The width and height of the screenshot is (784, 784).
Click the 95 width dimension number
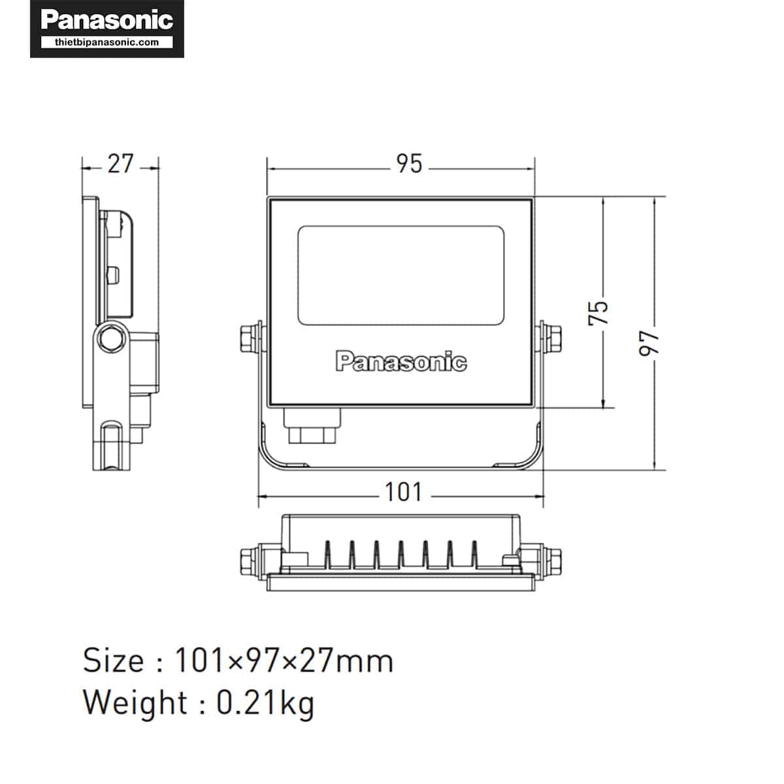[409, 164]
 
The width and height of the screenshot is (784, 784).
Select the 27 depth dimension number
[120, 164]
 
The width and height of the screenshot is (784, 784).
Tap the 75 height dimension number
[598, 314]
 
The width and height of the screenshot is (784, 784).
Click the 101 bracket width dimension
[404, 493]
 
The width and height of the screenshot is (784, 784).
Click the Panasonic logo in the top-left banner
[107, 20]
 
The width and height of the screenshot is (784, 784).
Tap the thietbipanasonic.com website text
[107, 42]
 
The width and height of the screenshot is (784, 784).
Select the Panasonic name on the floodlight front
[401, 361]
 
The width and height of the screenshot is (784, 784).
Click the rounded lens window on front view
[400, 276]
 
